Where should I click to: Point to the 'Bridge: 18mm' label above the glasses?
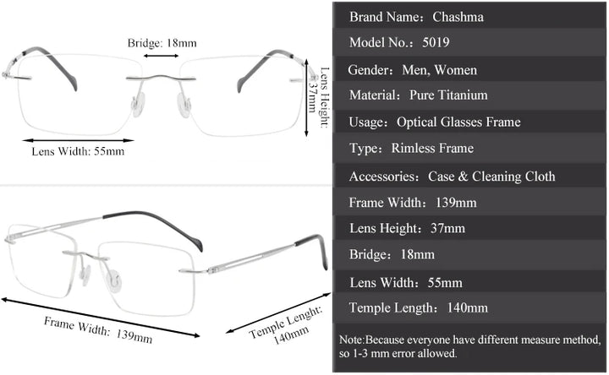pyautogui.click(x=162, y=42)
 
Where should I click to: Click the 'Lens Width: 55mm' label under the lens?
pyautogui.click(x=78, y=152)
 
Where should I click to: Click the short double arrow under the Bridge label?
pyautogui.click(x=161, y=56)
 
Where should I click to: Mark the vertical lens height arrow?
pyautogui.click(x=307, y=93)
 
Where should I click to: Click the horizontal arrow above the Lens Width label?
pyautogui.click(x=76, y=139)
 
